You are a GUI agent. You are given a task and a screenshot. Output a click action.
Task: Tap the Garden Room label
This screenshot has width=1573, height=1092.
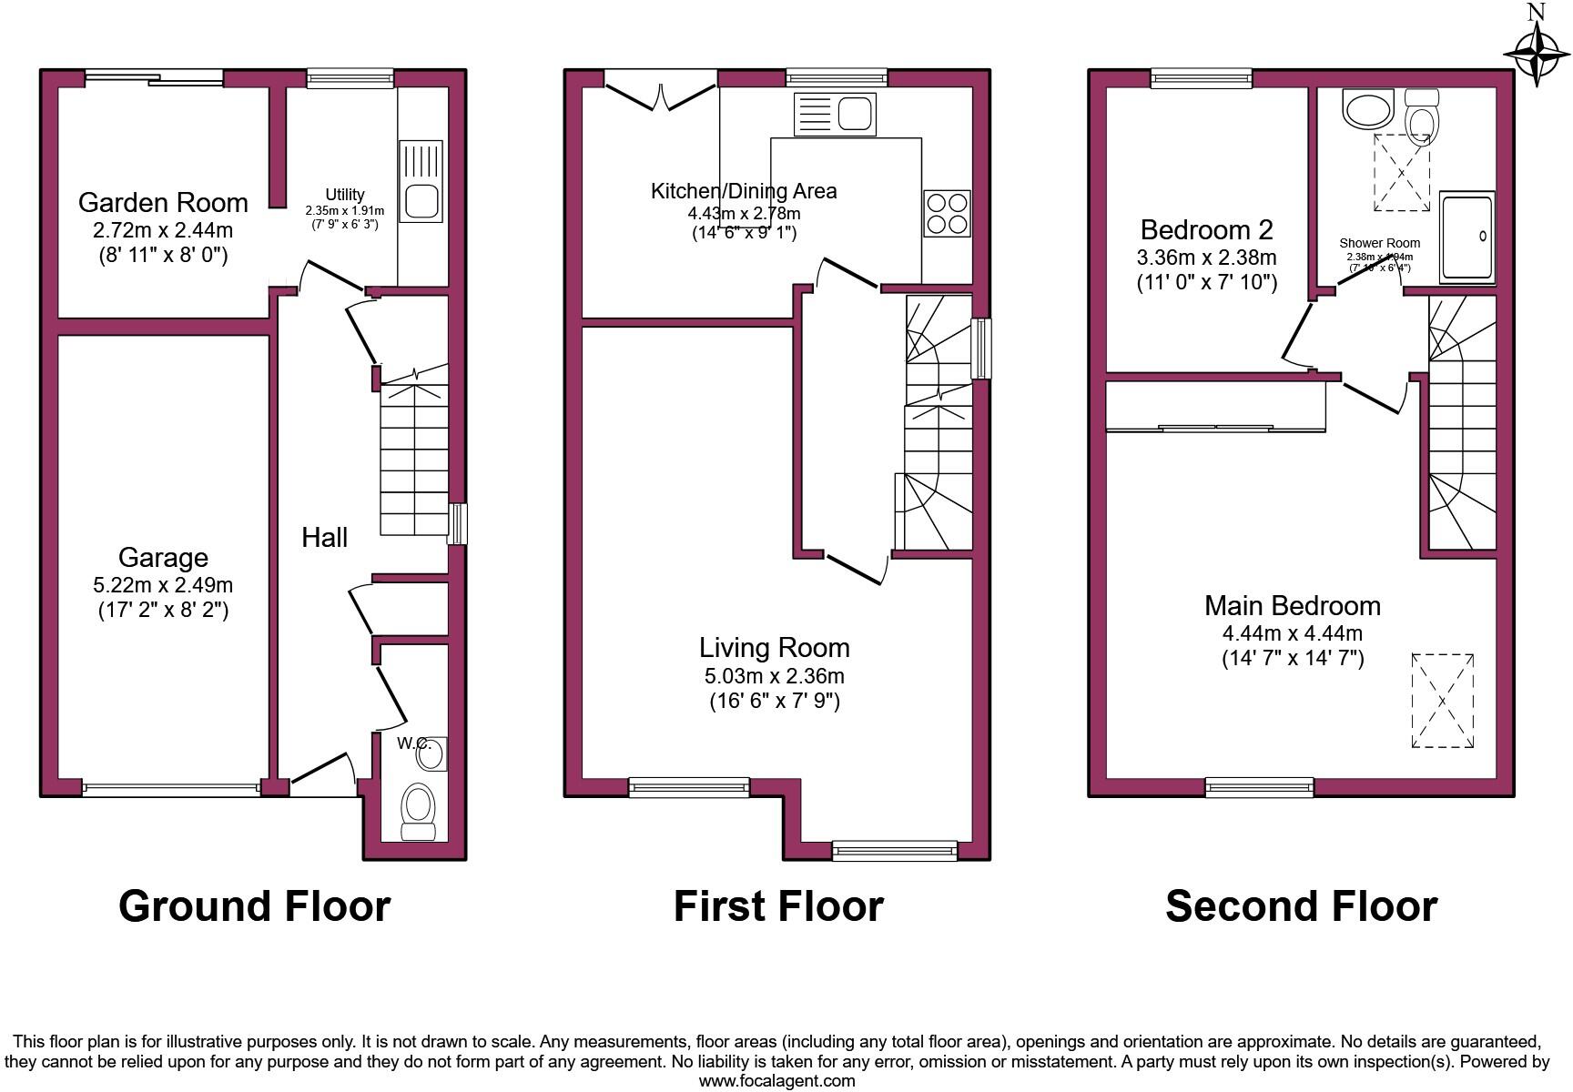[163, 202]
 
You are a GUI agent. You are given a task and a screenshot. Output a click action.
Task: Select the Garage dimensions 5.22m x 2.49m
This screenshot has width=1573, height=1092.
[163, 584]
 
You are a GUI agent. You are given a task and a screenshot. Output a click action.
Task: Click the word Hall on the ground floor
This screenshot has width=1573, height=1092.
[324, 537]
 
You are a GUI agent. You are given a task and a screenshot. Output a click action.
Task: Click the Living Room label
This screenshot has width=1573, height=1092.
[774, 648]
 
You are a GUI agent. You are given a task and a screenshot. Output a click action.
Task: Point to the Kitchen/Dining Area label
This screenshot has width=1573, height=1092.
[743, 191]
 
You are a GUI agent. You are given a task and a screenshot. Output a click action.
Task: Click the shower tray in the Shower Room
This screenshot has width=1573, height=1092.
[1466, 237]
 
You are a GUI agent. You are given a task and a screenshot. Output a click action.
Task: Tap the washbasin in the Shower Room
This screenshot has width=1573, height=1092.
[1367, 109]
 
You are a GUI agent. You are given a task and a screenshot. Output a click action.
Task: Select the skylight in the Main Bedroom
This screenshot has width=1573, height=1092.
[1443, 701]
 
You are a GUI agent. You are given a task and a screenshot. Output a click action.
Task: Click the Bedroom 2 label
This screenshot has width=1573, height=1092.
[1206, 229]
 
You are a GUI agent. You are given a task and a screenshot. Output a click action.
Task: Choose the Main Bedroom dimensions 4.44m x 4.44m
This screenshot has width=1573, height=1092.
[1292, 633]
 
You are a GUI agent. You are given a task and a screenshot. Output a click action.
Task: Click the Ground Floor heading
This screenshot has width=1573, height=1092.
[255, 906]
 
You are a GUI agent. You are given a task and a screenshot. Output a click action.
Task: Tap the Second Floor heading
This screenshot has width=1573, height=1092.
[1301, 906]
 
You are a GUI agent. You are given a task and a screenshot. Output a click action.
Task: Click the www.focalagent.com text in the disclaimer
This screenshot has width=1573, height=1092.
[776, 1081]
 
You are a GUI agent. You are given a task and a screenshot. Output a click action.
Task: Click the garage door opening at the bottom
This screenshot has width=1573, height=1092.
[171, 788]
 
